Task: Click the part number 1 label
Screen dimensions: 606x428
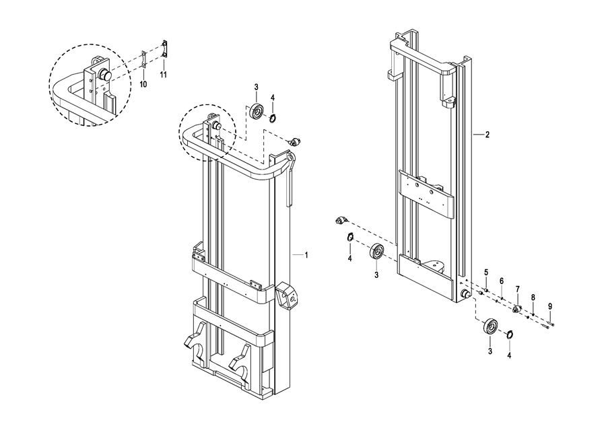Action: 306,255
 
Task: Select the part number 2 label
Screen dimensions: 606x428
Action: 487,135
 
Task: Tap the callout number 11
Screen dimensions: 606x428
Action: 164,74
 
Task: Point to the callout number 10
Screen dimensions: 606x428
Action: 143,84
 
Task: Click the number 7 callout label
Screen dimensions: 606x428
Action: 518,289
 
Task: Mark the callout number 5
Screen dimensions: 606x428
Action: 487,273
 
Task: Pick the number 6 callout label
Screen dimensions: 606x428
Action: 502,281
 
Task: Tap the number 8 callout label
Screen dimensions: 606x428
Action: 533,297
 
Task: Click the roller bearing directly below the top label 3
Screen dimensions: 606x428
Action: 257,111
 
